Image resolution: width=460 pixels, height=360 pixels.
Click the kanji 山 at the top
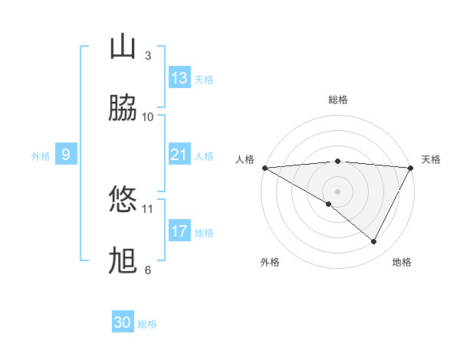[x=123, y=47]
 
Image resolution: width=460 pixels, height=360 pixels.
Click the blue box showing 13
[x=179, y=78]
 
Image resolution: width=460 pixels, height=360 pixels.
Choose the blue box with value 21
[x=179, y=155]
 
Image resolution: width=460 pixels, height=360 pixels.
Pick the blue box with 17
[x=179, y=231]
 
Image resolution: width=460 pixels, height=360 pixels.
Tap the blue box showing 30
[x=123, y=322]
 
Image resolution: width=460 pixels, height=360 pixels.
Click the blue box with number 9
[x=66, y=155]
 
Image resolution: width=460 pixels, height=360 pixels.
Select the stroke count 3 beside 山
[x=148, y=56]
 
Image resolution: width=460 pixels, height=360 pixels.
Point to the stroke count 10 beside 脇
[x=148, y=117]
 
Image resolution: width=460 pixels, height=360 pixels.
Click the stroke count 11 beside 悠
[x=148, y=208]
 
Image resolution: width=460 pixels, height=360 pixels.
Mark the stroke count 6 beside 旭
[x=148, y=270]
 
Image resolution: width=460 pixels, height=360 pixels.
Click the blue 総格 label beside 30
[x=147, y=324]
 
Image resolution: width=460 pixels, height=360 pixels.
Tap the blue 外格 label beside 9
[x=41, y=156]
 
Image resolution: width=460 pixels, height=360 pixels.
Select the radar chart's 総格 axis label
[x=338, y=100]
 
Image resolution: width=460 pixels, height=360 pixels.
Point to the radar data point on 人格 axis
[x=264, y=168]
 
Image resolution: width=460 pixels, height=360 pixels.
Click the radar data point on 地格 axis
[x=374, y=242]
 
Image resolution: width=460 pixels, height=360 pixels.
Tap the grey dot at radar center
[x=338, y=191]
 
